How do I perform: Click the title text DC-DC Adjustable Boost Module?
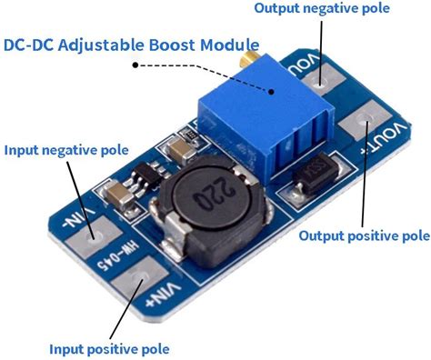pyautogui.click(x=131, y=45)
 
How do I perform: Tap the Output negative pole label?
pyautogui.click(x=322, y=8)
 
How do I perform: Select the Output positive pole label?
pyautogui.click(x=365, y=235)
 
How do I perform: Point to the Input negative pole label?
pyautogui.click(x=66, y=150)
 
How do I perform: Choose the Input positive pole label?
pyautogui.click(x=109, y=349)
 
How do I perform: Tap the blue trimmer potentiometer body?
pyautogui.click(x=266, y=121)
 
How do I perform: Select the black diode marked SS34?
pyautogui.click(x=316, y=174)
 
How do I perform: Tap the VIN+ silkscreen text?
pyautogui.click(x=164, y=295)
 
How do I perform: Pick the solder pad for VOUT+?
pyautogui.click(x=365, y=121)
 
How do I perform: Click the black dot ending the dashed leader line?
pyautogui.click(x=135, y=65)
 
